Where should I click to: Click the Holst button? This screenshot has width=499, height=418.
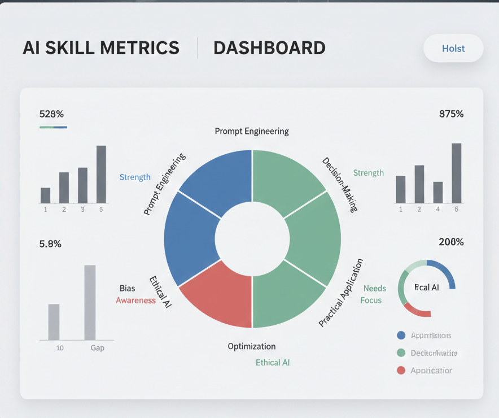click(x=453, y=49)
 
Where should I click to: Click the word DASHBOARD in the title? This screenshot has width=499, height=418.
click(x=269, y=48)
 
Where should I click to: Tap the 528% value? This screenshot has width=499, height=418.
click(x=51, y=114)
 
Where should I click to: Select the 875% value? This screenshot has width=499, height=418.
click(x=451, y=114)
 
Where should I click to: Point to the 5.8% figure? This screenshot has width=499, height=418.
click(x=50, y=244)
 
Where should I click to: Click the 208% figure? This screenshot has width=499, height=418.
click(x=451, y=242)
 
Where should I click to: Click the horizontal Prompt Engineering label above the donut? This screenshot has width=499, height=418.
click(x=252, y=132)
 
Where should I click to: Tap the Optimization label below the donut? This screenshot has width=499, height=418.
click(x=252, y=346)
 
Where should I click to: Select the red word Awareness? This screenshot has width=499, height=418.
click(x=135, y=301)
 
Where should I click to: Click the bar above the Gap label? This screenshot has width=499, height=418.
click(x=90, y=302)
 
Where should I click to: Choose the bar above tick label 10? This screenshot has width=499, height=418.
click(x=54, y=322)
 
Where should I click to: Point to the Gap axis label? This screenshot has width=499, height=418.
click(x=98, y=348)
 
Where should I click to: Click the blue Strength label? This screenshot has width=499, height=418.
click(x=135, y=177)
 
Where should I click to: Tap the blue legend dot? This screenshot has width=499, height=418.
click(x=401, y=336)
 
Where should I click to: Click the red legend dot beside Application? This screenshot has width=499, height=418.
click(x=401, y=371)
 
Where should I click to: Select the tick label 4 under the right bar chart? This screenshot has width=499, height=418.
click(x=438, y=209)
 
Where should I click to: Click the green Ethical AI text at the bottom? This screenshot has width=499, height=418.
click(x=273, y=363)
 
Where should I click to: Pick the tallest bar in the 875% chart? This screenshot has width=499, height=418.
click(x=457, y=173)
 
